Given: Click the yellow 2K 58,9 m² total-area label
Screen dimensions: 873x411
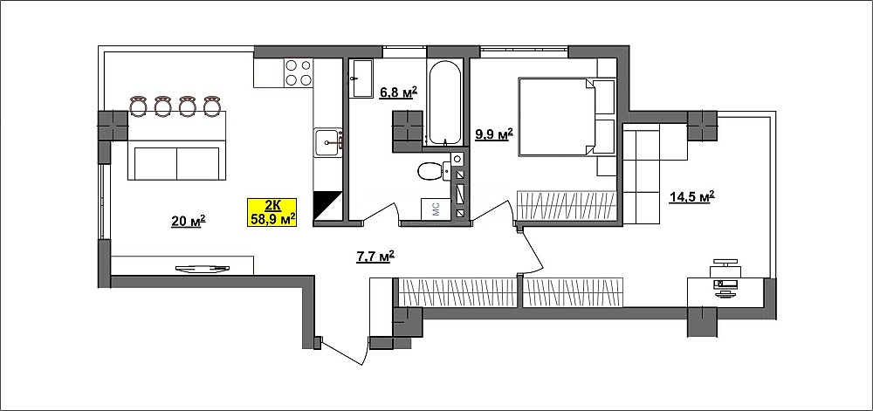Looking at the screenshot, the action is coord(272,212).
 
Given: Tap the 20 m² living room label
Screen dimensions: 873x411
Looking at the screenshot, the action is coord(189,222).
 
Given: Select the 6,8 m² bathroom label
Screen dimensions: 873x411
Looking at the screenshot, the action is coord(398,92).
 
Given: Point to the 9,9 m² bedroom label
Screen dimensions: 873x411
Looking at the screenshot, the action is coord(493,134).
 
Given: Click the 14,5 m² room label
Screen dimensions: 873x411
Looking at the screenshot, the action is coord(692,197).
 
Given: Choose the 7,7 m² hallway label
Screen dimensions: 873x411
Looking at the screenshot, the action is coord(375,256).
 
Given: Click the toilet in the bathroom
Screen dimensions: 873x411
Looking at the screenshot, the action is coord(433,171).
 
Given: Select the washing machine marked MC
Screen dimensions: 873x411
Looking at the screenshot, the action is coord(436,209).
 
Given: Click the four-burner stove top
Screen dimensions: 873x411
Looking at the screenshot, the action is coord(298,72).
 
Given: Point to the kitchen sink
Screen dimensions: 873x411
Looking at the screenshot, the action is coord(328,143).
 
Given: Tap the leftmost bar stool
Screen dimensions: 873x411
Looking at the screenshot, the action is coord(138,106).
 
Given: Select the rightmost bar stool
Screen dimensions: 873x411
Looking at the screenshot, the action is coord(211,106).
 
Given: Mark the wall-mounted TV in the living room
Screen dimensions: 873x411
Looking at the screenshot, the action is coord(203,269).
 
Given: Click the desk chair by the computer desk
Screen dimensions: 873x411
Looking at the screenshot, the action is coord(725,264).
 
